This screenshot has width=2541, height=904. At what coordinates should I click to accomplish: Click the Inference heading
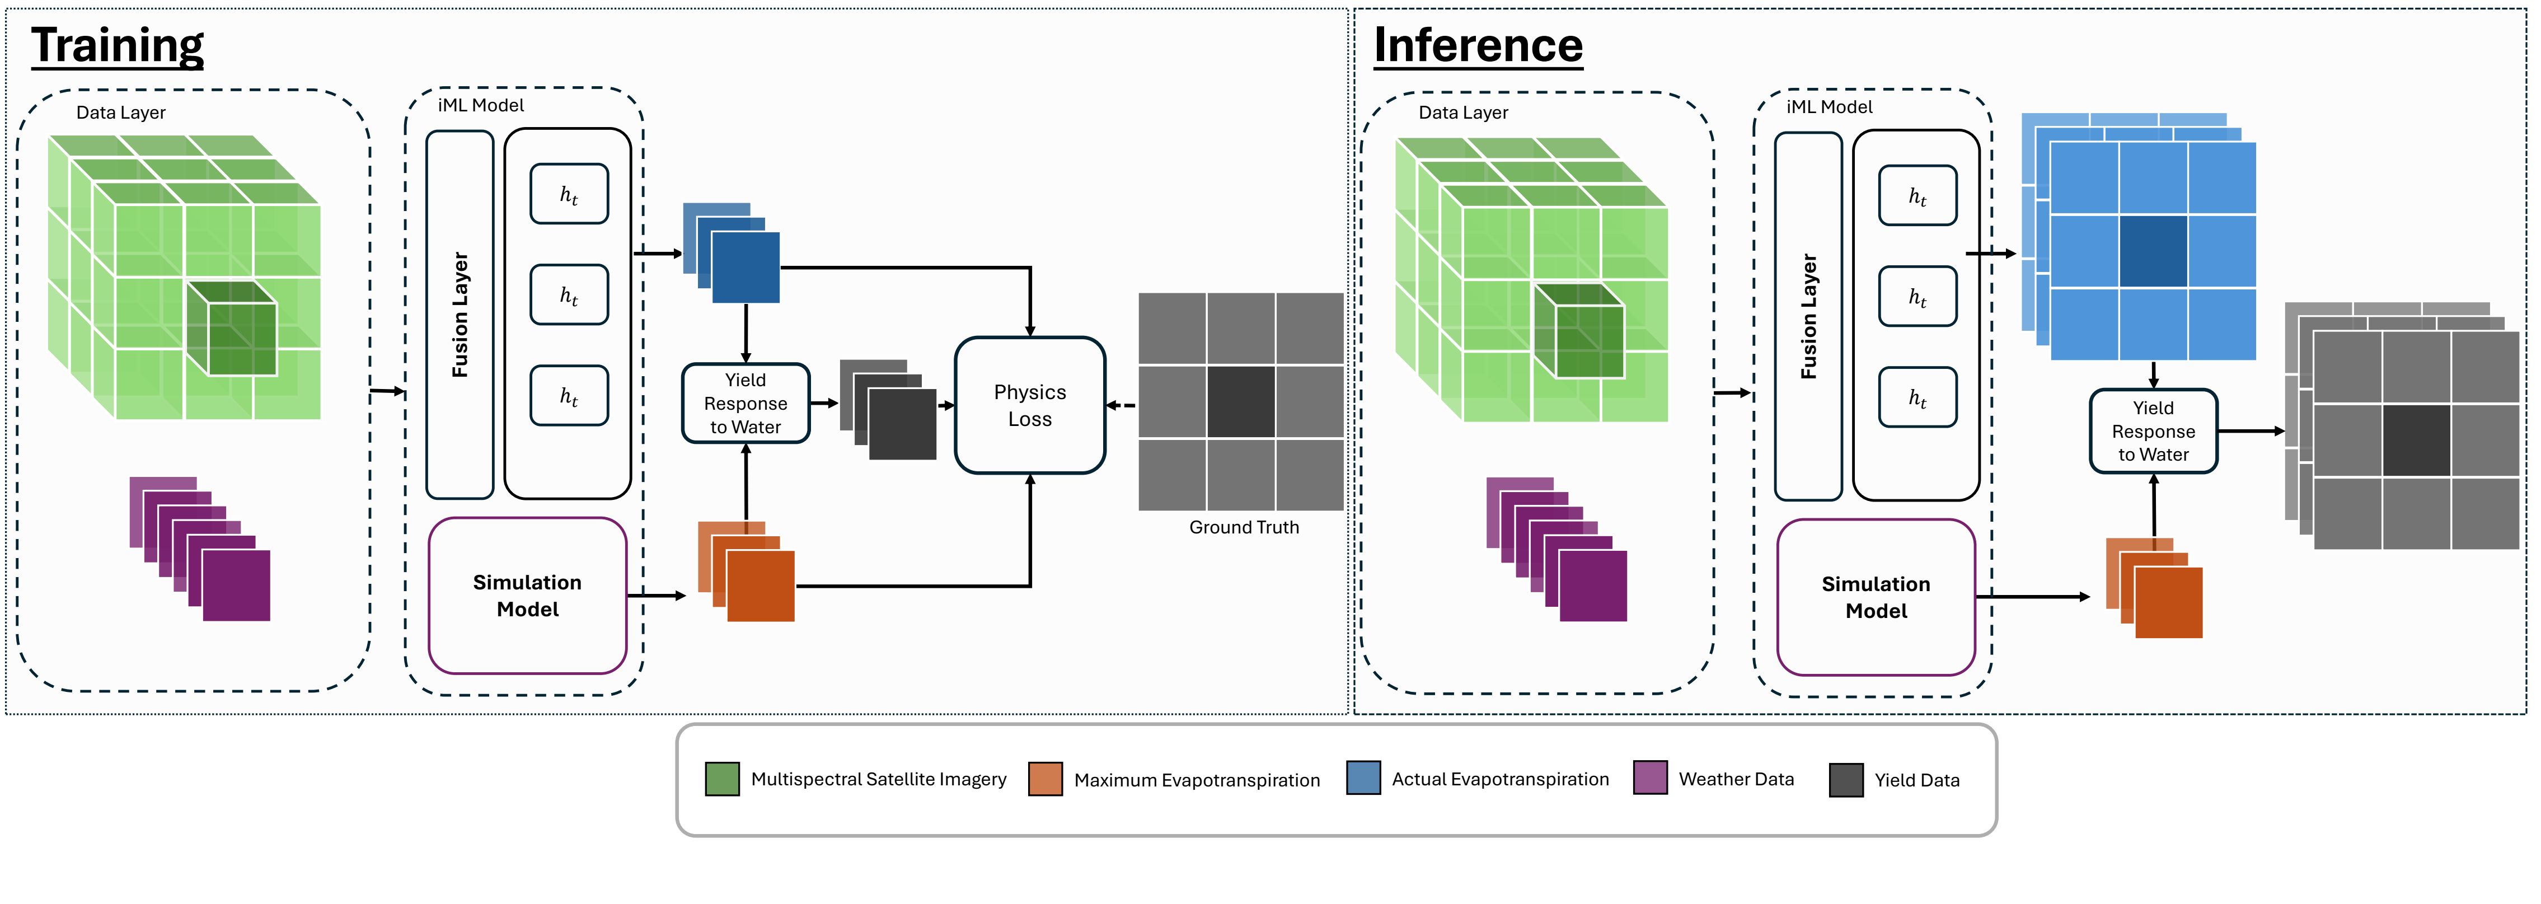tap(1478, 45)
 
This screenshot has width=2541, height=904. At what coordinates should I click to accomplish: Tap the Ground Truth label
tap(1244, 527)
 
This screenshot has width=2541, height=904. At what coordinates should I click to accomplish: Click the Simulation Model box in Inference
tap(1876, 597)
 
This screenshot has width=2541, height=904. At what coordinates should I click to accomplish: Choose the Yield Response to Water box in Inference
tap(2153, 431)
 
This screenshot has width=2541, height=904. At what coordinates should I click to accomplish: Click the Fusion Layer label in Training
tap(460, 315)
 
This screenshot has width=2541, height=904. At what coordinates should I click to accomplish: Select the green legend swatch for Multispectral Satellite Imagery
tap(722, 779)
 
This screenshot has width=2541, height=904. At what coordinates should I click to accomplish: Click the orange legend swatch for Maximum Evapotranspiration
tap(1046, 779)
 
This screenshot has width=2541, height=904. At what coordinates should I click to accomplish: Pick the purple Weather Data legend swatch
tap(1651, 777)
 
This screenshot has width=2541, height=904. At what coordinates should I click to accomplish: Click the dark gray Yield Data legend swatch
tap(1845, 780)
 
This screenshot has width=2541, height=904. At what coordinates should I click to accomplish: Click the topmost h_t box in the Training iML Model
tap(569, 194)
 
